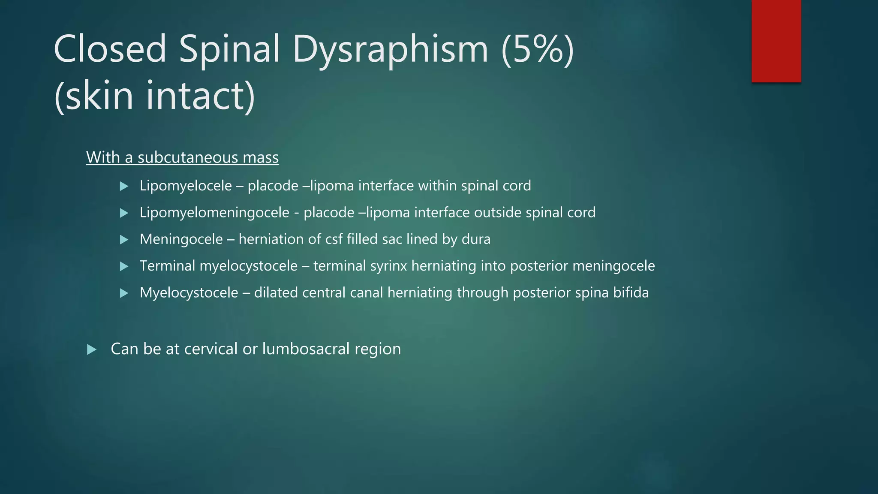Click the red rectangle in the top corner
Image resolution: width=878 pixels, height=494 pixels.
point(776,41)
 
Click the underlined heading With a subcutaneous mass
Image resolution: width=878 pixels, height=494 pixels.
point(182,157)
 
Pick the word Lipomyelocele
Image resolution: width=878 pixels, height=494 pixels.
point(186,186)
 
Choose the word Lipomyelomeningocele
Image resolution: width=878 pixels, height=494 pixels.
point(214,213)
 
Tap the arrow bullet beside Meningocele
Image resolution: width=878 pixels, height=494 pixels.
point(124,240)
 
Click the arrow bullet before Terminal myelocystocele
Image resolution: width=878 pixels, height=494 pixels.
point(124,266)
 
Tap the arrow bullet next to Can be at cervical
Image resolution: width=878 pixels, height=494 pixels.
point(91,349)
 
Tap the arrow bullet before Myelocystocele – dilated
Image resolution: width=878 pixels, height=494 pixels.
point(124,293)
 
